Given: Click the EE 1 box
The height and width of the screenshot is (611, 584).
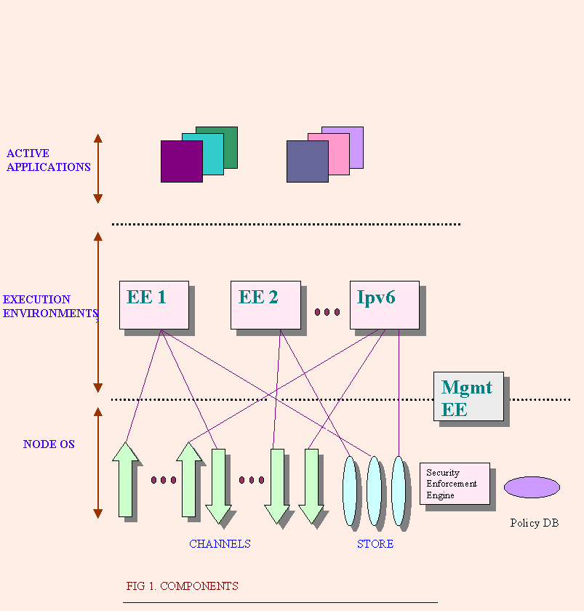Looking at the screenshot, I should click(x=153, y=305).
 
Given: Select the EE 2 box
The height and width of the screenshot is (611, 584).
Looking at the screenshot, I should click(x=265, y=305).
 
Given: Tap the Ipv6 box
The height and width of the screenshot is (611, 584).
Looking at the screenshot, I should click(x=384, y=305).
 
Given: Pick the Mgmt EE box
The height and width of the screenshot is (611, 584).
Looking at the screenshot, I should click(x=468, y=396).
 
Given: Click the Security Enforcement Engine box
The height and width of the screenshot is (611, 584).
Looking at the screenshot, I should click(x=454, y=484).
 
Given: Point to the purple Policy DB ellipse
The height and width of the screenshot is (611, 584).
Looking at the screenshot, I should click(x=532, y=487).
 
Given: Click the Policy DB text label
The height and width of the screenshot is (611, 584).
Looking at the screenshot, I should click(x=534, y=523).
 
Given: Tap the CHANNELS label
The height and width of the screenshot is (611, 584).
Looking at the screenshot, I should click(x=220, y=544).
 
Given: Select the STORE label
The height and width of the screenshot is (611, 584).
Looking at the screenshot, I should click(x=375, y=544).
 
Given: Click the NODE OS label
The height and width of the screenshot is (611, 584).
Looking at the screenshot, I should click(x=49, y=444).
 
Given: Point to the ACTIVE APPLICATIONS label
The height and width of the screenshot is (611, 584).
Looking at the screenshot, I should click(x=48, y=160).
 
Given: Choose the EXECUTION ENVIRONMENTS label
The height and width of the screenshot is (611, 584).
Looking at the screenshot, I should click(x=49, y=306).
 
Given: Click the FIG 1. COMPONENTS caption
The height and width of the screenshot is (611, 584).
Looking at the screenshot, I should click(x=182, y=586).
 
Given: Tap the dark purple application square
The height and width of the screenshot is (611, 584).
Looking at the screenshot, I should click(x=178, y=164).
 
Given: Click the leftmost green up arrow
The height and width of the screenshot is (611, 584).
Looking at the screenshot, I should click(x=126, y=480).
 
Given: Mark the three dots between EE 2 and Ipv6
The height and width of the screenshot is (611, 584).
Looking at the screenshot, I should click(x=327, y=312).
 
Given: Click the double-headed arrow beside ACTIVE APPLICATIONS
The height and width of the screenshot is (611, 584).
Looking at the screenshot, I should click(x=98, y=168).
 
